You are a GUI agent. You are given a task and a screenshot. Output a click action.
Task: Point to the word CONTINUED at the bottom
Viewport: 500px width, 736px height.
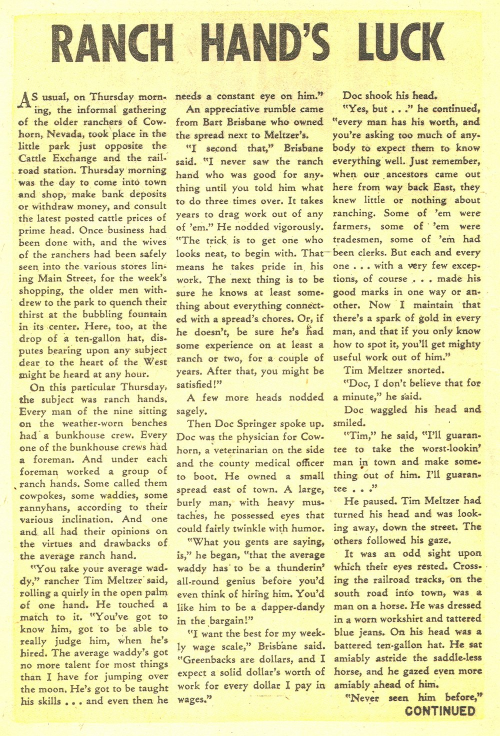(440, 711)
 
